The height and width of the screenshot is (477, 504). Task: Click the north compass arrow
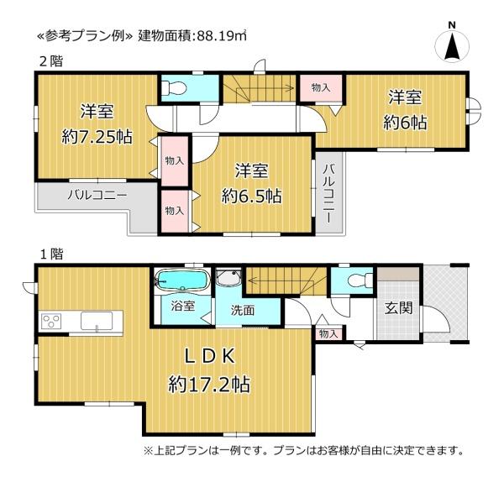(x=452, y=45)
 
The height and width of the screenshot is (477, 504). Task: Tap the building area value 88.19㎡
(x=222, y=35)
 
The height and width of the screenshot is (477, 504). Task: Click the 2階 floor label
(x=51, y=61)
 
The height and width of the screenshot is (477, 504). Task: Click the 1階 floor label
(x=51, y=254)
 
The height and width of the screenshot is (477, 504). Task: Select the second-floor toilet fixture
(x=174, y=87)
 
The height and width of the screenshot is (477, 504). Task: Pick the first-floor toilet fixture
(x=360, y=281)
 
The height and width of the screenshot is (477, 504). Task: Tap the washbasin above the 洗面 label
(x=228, y=277)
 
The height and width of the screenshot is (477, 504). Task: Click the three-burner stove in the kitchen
(x=51, y=321)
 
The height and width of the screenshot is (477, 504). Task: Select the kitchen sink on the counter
(x=97, y=321)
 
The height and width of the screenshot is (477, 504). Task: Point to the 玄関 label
(x=398, y=308)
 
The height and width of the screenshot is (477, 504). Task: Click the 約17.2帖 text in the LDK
(x=209, y=384)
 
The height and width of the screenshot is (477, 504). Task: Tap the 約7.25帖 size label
(x=97, y=138)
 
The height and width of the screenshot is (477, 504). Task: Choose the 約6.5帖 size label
(x=251, y=196)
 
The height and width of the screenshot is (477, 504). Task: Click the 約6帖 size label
(x=405, y=123)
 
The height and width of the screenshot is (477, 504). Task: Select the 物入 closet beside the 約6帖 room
(x=321, y=87)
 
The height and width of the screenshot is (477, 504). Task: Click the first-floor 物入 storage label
(x=328, y=334)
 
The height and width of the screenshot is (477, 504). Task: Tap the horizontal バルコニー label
(x=97, y=195)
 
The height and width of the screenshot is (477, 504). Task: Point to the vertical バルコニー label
(x=329, y=193)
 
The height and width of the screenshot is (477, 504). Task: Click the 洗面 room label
(x=243, y=310)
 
